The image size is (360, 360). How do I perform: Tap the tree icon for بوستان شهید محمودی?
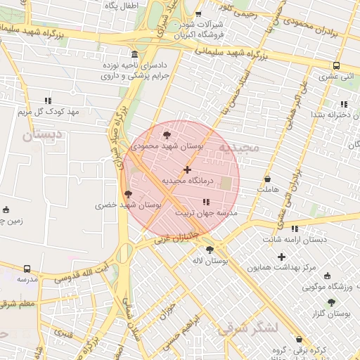[x=166, y=135]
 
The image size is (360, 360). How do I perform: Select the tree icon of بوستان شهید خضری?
[x=127, y=194]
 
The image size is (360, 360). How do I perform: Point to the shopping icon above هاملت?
[x=268, y=179]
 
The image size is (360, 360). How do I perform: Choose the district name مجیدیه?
[x=239, y=148]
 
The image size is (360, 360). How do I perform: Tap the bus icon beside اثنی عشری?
[x=336, y=66]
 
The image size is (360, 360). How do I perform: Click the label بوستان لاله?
[x=210, y=261]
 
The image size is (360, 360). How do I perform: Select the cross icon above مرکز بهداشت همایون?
[x=282, y=257]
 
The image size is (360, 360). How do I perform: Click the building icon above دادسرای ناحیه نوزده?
[x=134, y=55]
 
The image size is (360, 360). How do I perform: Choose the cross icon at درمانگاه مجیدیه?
[x=187, y=169]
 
